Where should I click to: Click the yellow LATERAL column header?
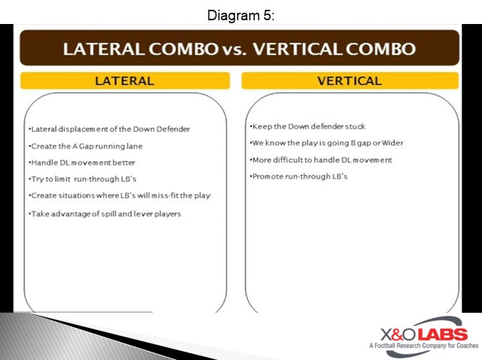pyautogui.click(x=124, y=81)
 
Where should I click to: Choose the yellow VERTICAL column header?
pyautogui.click(x=349, y=81)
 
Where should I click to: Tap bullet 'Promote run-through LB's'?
pyautogui.click(x=298, y=176)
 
